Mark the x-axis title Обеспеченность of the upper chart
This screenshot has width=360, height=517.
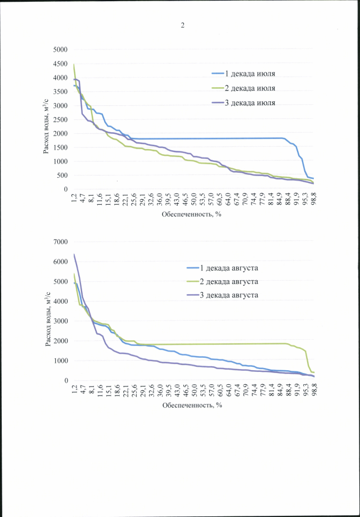[191, 214]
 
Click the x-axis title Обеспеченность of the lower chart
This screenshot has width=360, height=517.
[191, 405]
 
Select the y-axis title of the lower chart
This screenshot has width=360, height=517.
[48, 311]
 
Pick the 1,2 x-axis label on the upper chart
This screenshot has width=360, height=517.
[74, 198]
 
